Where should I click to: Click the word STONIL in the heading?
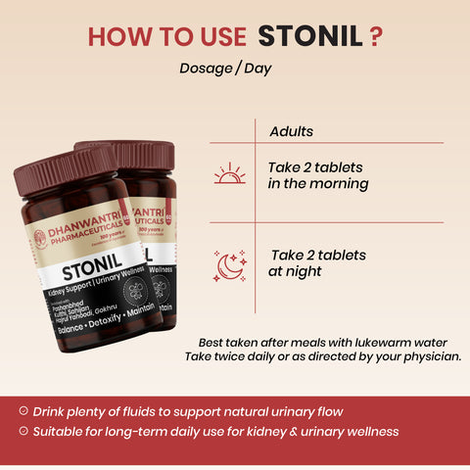310,36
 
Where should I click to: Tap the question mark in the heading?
375,36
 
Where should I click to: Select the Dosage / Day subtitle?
225,69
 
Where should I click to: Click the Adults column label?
291,130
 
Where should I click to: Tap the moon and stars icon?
229,263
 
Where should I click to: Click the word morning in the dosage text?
342,183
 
